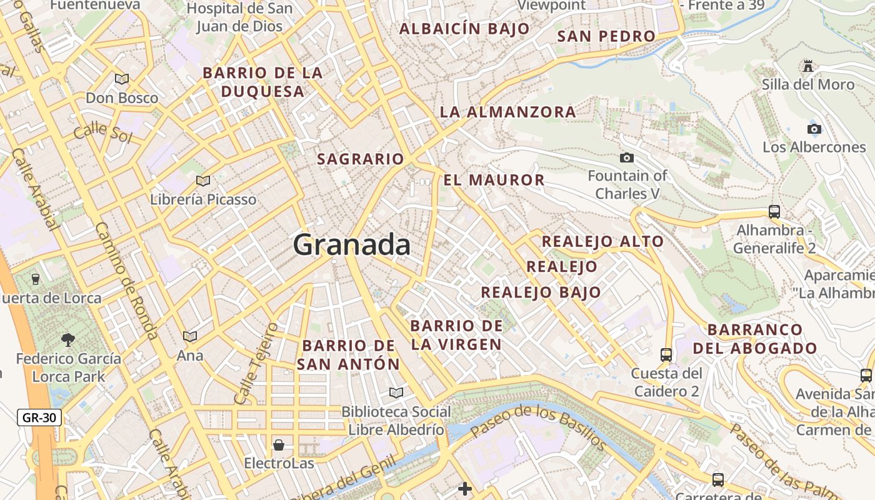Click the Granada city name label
[x=352, y=244]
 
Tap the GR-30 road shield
[x=39, y=417]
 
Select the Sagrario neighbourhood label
[x=361, y=159]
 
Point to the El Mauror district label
[x=494, y=181]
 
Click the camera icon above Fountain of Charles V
[x=627, y=157]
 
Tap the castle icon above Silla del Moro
[x=808, y=66]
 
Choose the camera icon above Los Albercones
[x=814, y=129]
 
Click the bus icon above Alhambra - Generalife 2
[x=774, y=211]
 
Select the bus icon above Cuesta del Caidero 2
[x=666, y=355]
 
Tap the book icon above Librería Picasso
[x=203, y=181]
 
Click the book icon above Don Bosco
[x=122, y=79]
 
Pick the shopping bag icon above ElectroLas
[x=279, y=445]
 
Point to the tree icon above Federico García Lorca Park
[x=68, y=340]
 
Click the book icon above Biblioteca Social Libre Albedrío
[x=396, y=392]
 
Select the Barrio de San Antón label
[x=348, y=354]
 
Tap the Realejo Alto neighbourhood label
[x=602, y=241]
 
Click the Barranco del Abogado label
[x=755, y=339]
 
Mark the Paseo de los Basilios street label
[x=538, y=427]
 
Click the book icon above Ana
[x=190, y=336]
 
